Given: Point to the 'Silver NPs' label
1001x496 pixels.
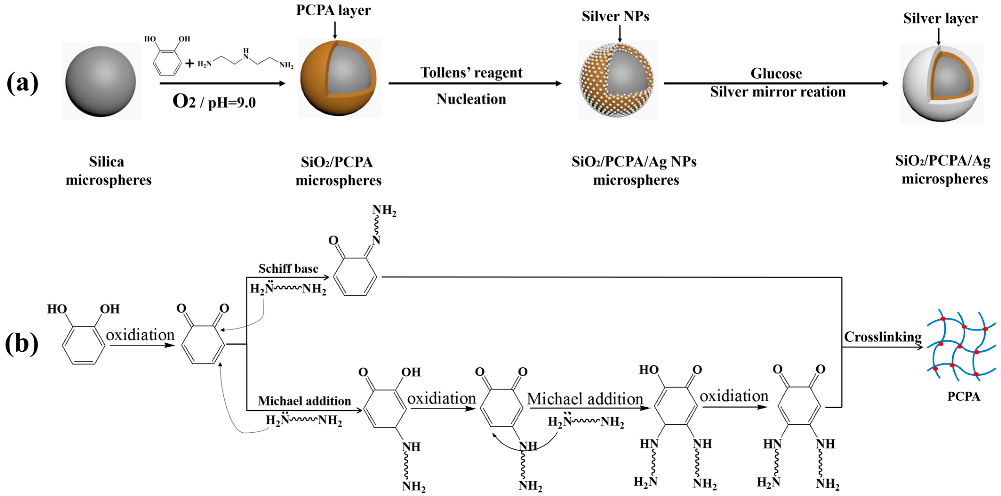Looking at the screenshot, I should [615, 16].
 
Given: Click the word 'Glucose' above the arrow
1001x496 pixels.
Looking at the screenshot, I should [776, 73].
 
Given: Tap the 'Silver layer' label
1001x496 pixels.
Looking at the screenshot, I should [940, 18].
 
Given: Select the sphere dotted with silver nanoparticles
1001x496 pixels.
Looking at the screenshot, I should [617, 80].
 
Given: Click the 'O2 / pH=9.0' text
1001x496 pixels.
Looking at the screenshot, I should [214, 102].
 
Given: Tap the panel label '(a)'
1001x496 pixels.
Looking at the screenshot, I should [23, 83].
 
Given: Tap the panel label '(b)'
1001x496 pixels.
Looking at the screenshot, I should [22, 343].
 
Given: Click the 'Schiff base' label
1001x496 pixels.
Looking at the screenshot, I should [288, 268].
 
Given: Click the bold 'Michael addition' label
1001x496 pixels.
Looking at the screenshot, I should [304, 401].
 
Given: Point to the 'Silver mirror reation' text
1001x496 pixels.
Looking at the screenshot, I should [778, 92].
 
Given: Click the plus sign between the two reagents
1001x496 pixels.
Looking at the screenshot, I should [189, 63].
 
